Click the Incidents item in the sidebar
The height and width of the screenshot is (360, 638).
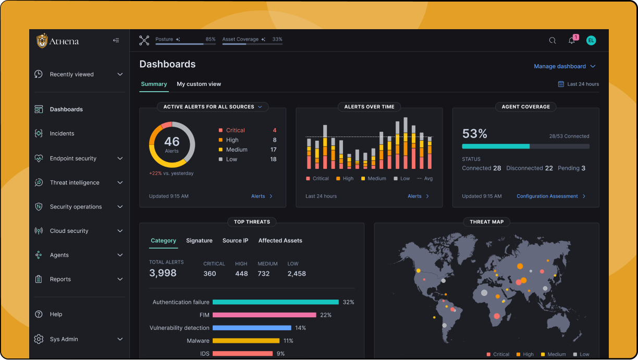pyautogui.click(x=62, y=133)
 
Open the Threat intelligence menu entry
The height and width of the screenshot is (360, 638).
pyautogui.click(x=75, y=182)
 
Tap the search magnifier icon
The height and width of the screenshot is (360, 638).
pyautogui.click(x=553, y=41)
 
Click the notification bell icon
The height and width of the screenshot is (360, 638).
pyautogui.click(x=572, y=41)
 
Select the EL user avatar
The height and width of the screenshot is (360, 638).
pyautogui.click(x=591, y=41)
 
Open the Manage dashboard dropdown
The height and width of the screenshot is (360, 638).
pyautogui.click(x=565, y=66)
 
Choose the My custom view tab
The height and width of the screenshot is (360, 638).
pyautogui.click(x=199, y=84)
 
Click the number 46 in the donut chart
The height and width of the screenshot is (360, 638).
pyautogui.click(x=171, y=141)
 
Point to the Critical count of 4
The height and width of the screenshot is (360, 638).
pyautogui.click(x=275, y=130)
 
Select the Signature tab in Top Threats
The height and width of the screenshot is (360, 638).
pyautogui.click(x=199, y=241)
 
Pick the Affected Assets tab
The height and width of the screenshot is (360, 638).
pyautogui.click(x=280, y=241)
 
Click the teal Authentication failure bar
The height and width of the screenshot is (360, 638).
pyautogui.click(x=275, y=302)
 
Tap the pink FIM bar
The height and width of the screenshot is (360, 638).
pyautogui.click(x=264, y=315)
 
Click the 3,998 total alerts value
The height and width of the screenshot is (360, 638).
pyautogui.click(x=163, y=273)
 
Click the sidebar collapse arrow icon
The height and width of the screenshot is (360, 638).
pyautogui.click(x=116, y=41)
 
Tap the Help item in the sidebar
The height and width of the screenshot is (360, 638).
pyautogui.click(x=56, y=314)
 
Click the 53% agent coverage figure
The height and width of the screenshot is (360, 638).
pyautogui.click(x=474, y=133)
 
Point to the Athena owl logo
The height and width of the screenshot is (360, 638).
pyautogui.click(x=42, y=41)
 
